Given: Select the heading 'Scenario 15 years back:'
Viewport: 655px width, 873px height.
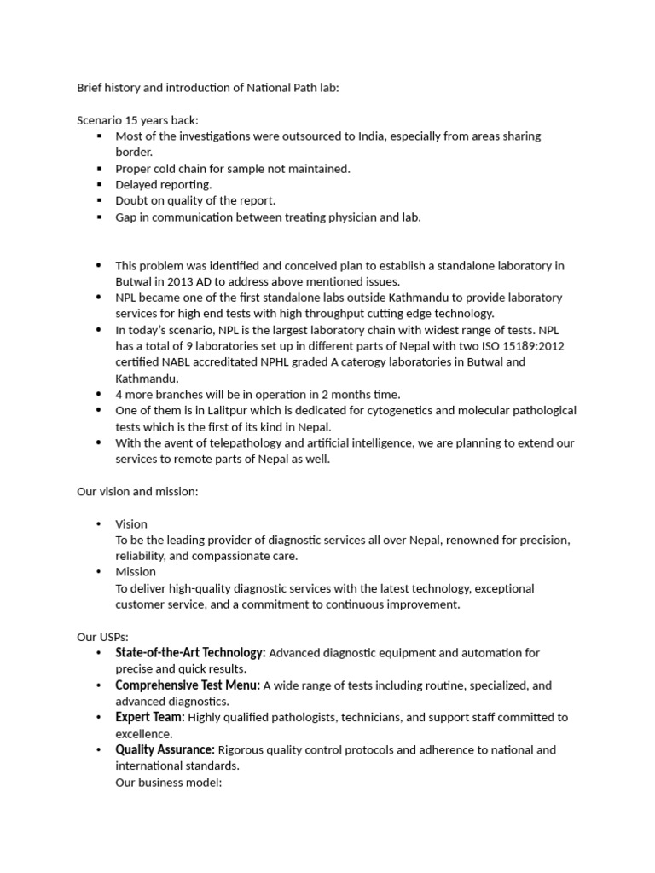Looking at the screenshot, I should coord(137,120).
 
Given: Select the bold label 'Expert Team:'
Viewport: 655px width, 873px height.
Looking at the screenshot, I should coord(150,718).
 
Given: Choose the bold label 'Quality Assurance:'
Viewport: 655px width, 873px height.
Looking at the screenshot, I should coord(165,750).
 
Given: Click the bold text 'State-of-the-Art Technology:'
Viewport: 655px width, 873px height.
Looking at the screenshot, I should coord(190,653).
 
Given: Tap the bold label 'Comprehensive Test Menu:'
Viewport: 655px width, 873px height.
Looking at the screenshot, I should coord(188,685).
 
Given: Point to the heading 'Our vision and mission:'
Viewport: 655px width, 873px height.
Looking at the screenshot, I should coord(137,492).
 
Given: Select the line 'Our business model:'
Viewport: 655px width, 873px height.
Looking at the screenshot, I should coord(168,782).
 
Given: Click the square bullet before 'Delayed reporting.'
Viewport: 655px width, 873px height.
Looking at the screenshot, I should coord(100,185).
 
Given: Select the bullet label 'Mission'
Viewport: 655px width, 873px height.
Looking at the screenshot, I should coord(136,572).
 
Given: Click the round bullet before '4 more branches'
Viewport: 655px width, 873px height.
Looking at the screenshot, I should coord(100,395).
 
